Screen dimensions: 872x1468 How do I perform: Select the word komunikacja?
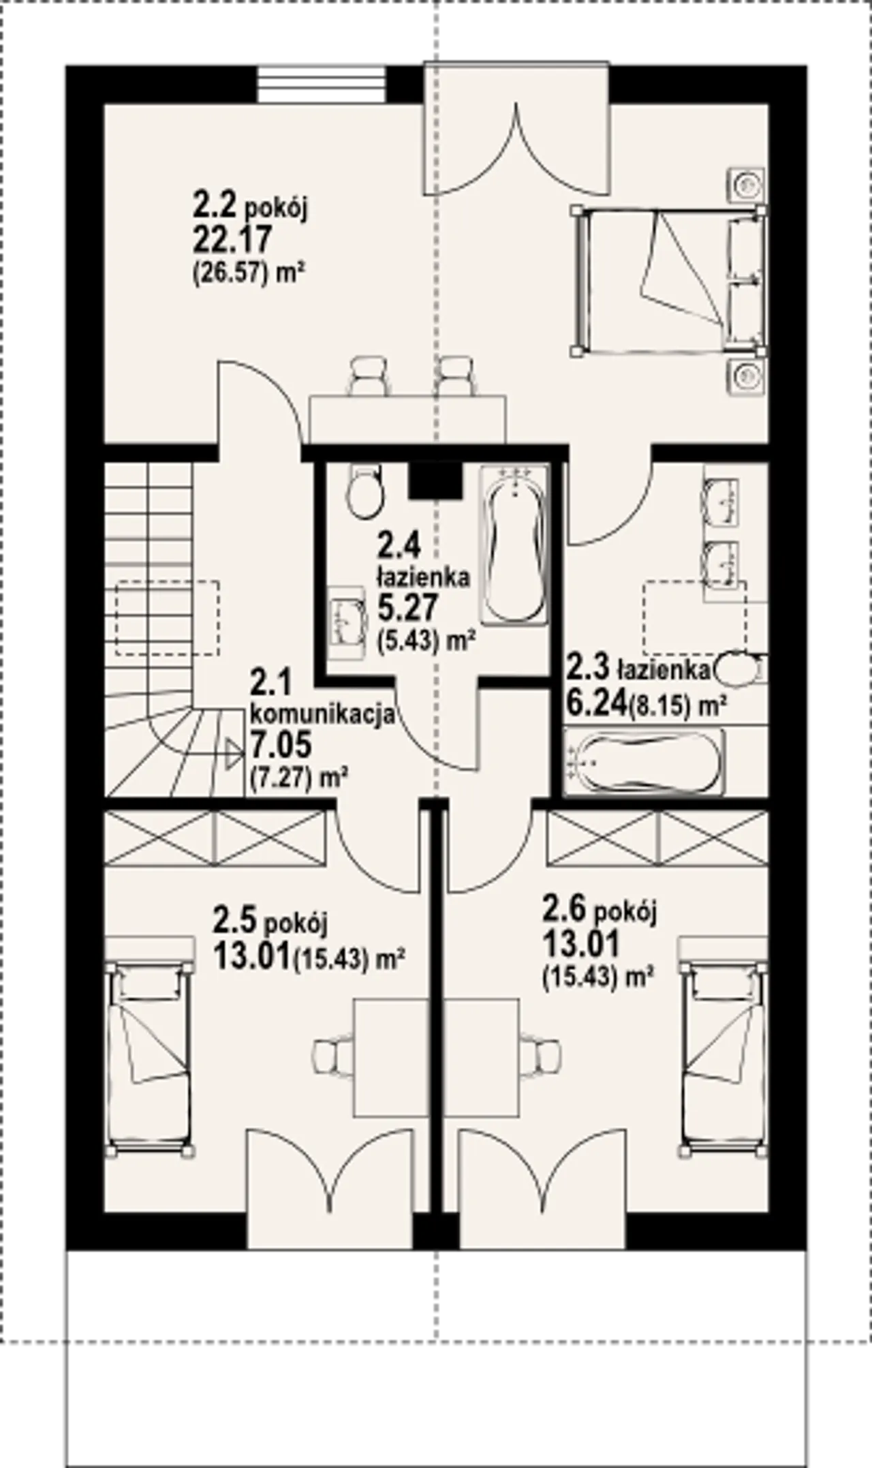(323, 714)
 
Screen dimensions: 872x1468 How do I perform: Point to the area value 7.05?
(280, 744)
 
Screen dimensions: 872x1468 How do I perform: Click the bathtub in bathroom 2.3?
(644, 761)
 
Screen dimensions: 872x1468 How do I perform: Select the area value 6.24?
(596, 703)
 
